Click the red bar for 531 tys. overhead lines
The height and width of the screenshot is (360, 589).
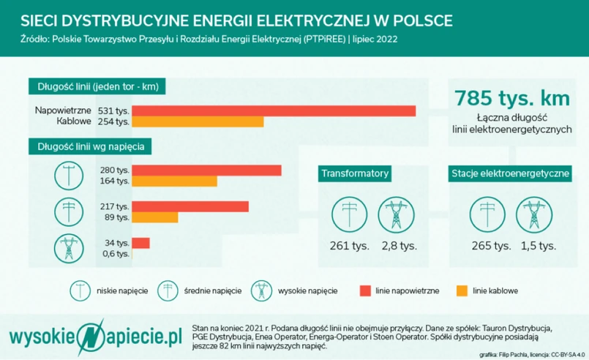[274, 110]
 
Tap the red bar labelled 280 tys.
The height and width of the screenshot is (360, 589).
[207, 170]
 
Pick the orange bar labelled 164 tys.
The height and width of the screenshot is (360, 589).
[175, 181]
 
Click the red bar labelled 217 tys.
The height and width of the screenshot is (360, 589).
[190, 206]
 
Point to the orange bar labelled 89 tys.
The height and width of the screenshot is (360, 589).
[155, 217]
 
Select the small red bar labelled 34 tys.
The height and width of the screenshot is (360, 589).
[141, 242]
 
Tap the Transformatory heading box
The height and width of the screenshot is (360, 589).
[354, 173]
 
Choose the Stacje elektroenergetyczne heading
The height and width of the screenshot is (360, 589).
[510, 173]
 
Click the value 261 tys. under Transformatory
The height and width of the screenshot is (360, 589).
[349, 246]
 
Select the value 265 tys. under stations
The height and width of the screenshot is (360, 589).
[492, 246]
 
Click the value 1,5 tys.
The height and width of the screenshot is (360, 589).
[538, 246]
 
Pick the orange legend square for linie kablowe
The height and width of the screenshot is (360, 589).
[461, 290]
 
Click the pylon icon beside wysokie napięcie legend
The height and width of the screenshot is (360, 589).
[260, 290]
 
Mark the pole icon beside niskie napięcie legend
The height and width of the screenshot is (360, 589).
[80, 290]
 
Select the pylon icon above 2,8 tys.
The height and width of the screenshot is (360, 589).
[395, 214]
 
